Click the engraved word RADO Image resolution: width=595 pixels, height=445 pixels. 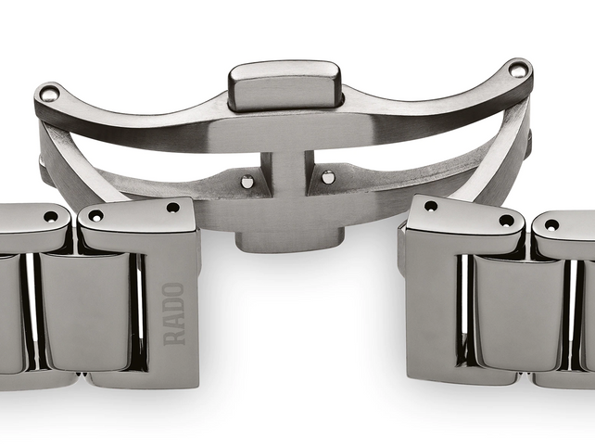tap(173, 313)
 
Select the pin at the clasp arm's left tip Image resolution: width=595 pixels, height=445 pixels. tap(48, 93)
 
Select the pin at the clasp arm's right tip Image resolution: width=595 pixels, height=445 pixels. tap(518, 70)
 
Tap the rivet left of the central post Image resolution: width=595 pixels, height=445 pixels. tap(247, 182)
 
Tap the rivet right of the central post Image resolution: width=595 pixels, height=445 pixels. tap(327, 176)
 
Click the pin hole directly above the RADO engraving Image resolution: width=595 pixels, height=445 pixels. tap(173, 208)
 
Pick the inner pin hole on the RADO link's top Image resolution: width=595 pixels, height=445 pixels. tap(95, 216)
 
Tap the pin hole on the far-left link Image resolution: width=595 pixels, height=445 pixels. tap(50, 216)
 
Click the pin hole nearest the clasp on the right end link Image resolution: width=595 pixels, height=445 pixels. tap(430, 206)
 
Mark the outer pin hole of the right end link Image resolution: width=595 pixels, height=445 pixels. tap(506, 221)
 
